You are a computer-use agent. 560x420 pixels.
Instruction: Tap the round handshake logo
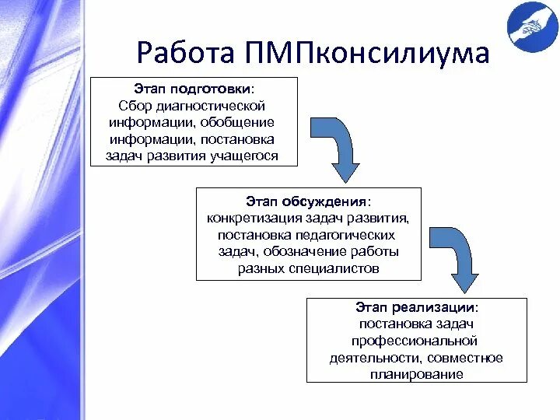(x=531, y=26)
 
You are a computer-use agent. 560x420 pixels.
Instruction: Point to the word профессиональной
(x=415, y=341)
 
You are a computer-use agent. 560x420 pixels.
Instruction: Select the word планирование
(x=416, y=374)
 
